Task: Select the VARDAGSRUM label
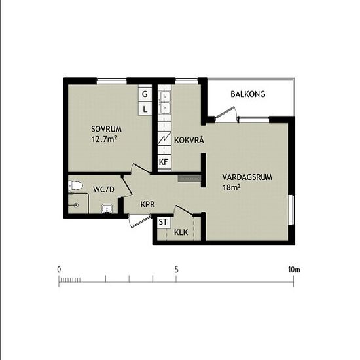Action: pyautogui.click(x=247, y=177)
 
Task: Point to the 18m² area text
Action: pyautogui.click(x=231, y=187)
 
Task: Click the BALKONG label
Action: pyautogui.click(x=247, y=94)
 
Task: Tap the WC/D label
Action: pyautogui.click(x=103, y=189)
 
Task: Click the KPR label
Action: pyautogui.click(x=149, y=204)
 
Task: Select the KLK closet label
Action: pyautogui.click(x=181, y=232)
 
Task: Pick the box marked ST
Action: pyautogui.click(x=164, y=223)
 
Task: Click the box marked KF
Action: pyautogui.click(x=164, y=161)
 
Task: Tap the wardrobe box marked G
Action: pyautogui.click(x=146, y=94)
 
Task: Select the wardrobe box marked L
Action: pyautogui.click(x=146, y=109)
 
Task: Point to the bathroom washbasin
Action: pyautogui.click(x=106, y=209)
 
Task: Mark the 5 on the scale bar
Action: pyautogui.click(x=176, y=270)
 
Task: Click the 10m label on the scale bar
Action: pyautogui.click(x=293, y=270)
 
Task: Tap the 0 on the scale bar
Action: pyautogui.click(x=59, y=270)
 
